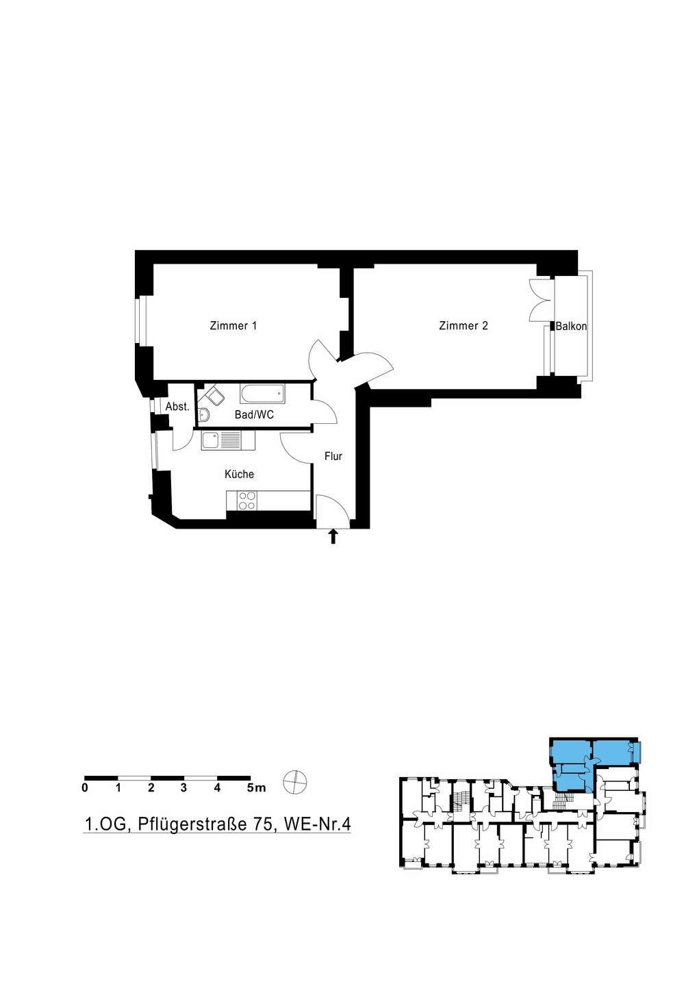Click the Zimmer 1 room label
[233, 326]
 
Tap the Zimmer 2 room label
[464, 326]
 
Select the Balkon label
[571, 327]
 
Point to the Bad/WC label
[254, 415]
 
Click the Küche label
[240, 474]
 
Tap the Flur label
[333, 457]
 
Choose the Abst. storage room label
[177, 407]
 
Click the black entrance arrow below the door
[333, 537]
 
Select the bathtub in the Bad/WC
[262, 394]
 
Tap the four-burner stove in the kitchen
[247, 501]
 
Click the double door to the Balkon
[540, 300]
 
